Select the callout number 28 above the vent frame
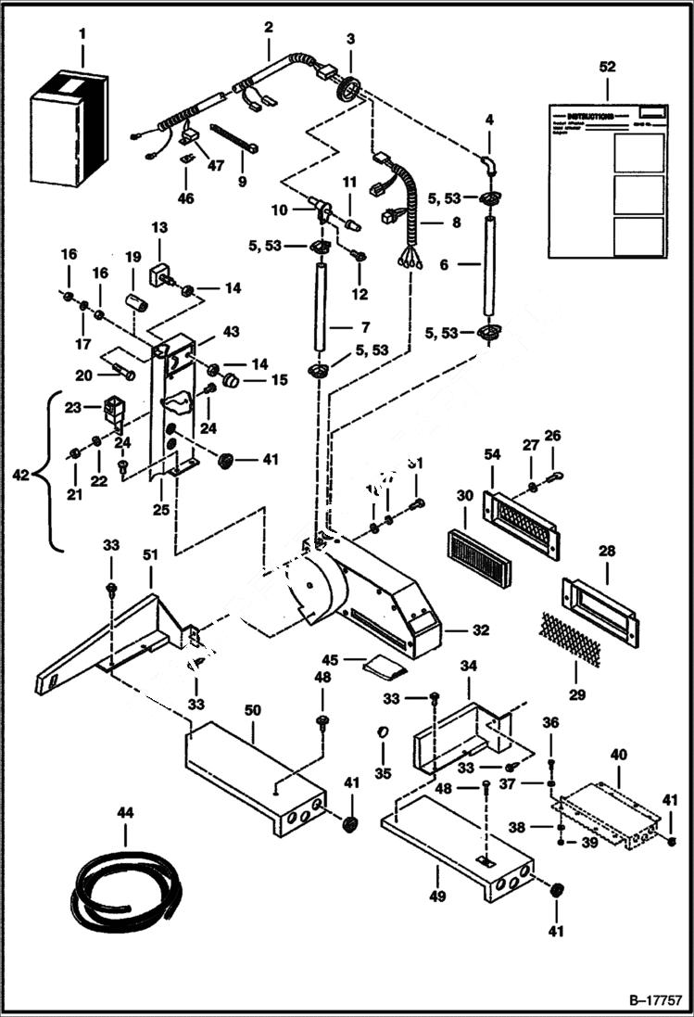click(608, 551)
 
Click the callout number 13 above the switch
click(158, 228)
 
